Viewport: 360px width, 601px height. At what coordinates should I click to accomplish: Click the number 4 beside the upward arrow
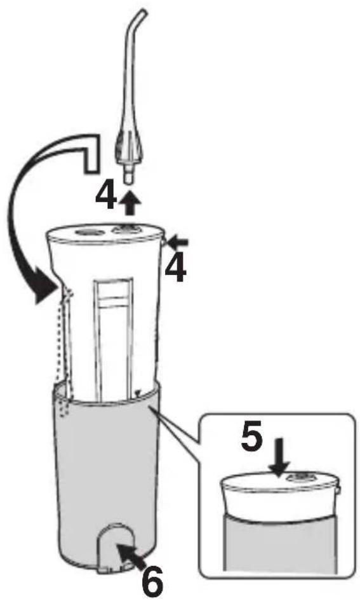105,197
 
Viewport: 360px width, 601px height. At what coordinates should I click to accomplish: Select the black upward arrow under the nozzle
130,202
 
